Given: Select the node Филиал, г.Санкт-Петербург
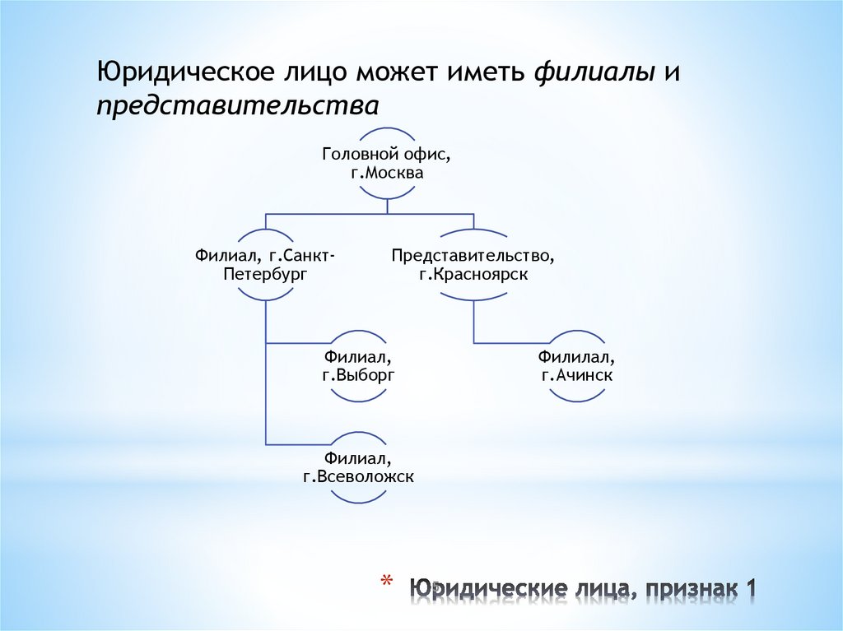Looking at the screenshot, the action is click(x=265, y=265).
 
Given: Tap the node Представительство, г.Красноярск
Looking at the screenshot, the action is click(x=473, y=265).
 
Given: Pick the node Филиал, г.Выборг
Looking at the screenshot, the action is click(x=358, y=366).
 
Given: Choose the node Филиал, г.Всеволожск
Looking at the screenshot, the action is click(x=358, y=466).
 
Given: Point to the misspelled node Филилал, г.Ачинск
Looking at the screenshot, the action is click(x=577, y=366).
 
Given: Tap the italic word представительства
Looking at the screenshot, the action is click(x=239, y=106).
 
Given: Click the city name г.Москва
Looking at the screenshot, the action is click(x=386, y=174).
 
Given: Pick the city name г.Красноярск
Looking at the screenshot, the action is click(x=473, y=275).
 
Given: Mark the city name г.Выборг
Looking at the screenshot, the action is click(x=358, y=376).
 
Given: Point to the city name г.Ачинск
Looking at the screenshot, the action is click(x=577, y=376).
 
